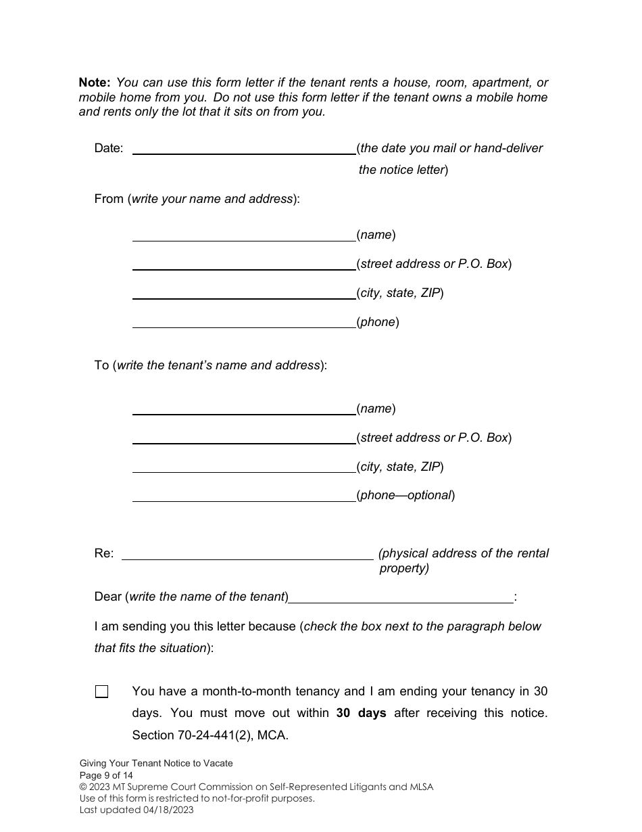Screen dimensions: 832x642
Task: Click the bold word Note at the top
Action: (95, 83)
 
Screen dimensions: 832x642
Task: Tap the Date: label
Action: (109, 148)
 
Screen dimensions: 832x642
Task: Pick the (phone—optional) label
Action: (406, 495)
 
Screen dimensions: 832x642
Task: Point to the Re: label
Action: (104, 553)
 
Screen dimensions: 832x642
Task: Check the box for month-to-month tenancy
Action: (101, 692)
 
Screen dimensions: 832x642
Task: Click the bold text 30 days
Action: (361, 713)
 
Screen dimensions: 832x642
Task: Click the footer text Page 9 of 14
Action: (106, 775)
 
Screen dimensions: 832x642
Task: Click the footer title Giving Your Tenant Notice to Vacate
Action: (156, 763)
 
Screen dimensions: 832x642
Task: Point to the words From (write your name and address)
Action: (197, 200)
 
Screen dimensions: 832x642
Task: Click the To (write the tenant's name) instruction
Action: (210, 365)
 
